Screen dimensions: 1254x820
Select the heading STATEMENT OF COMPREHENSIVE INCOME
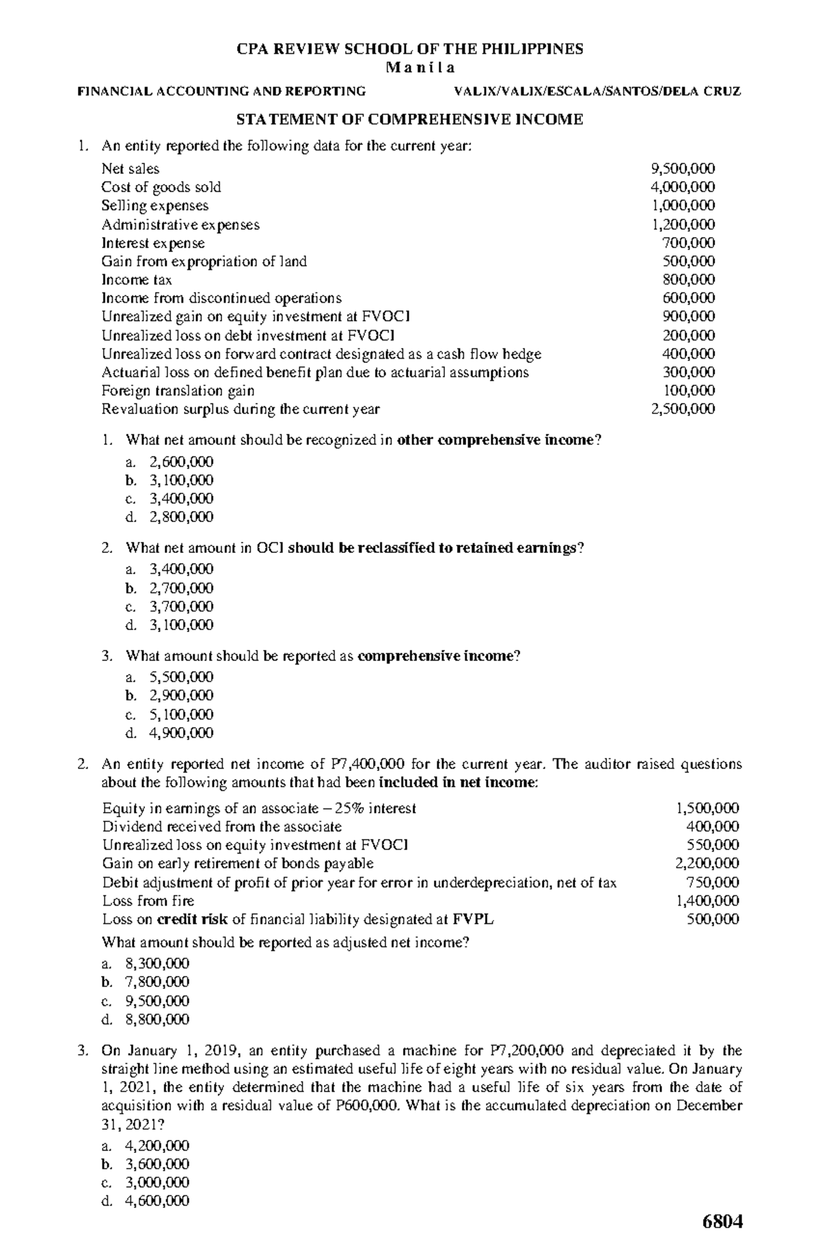pyautogui.click(x=409, y=120)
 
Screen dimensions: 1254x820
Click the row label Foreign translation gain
pyautogui.click(x=178, y=391)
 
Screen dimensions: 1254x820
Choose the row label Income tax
pyautogui.click(x=137, y=280)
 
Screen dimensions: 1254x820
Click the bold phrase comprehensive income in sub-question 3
pyautogui.click(x=435, y=657)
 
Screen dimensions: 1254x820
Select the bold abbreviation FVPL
pyautogui.click(x=474, y=920)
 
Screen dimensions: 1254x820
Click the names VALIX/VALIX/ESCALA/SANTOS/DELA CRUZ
pyautogui.click(x=592, y=92)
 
